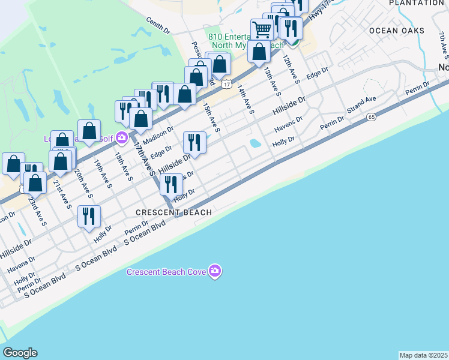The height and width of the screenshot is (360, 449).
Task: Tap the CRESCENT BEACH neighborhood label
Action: tap(173, 212)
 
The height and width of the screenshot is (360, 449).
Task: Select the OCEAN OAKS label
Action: tap(396, 31)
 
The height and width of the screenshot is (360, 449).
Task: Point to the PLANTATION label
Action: tap(416, 3)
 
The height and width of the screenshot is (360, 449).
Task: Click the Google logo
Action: tap(20, 353)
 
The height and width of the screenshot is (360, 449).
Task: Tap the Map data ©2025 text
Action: tap(423, 355)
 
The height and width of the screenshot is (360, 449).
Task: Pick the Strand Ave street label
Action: tap(361, 106)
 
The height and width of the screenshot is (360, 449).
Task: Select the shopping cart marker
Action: tap(262, 29)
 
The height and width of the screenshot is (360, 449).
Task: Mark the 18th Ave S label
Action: tap(123, 166)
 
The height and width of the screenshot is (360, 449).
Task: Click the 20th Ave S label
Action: tap(82, 183)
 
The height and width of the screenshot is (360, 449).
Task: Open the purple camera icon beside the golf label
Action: tap(121, 139)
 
